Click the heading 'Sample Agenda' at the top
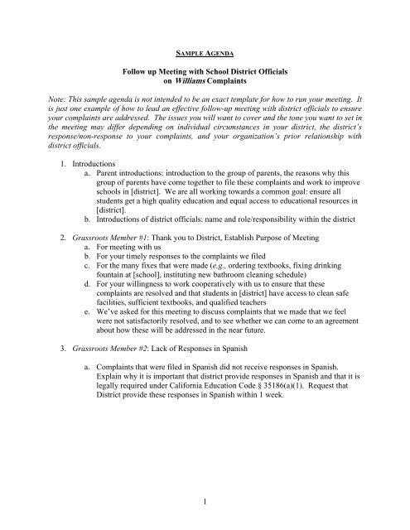pos(205,38)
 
